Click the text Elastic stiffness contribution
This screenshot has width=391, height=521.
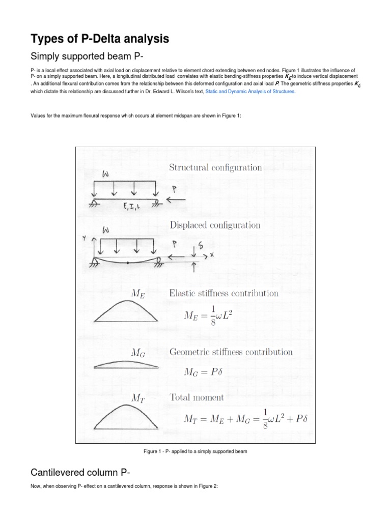point(224,293)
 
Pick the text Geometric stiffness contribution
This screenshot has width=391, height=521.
point(231,352)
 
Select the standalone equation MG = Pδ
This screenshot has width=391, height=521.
point(208,371)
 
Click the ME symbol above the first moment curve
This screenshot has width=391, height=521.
point(138,293)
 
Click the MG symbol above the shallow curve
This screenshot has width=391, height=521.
point(138,353)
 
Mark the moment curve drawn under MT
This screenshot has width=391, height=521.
point(127,416)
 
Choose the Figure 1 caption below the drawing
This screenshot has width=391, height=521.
point(196,451)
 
